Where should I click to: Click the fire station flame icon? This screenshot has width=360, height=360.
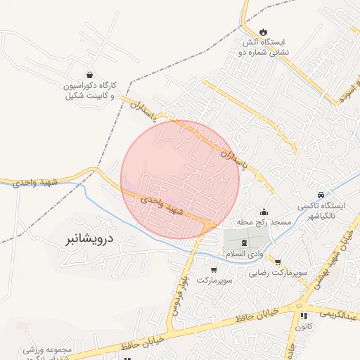click(x=263, y=32)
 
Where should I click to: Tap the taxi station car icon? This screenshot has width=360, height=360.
click(x=321, y=194)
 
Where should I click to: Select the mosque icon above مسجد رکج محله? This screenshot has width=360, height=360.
click(x=264, y=212)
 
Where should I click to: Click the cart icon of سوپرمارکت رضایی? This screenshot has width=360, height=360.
click(x=278, y=262)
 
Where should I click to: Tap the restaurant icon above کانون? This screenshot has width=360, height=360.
click(x=304, y=316)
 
